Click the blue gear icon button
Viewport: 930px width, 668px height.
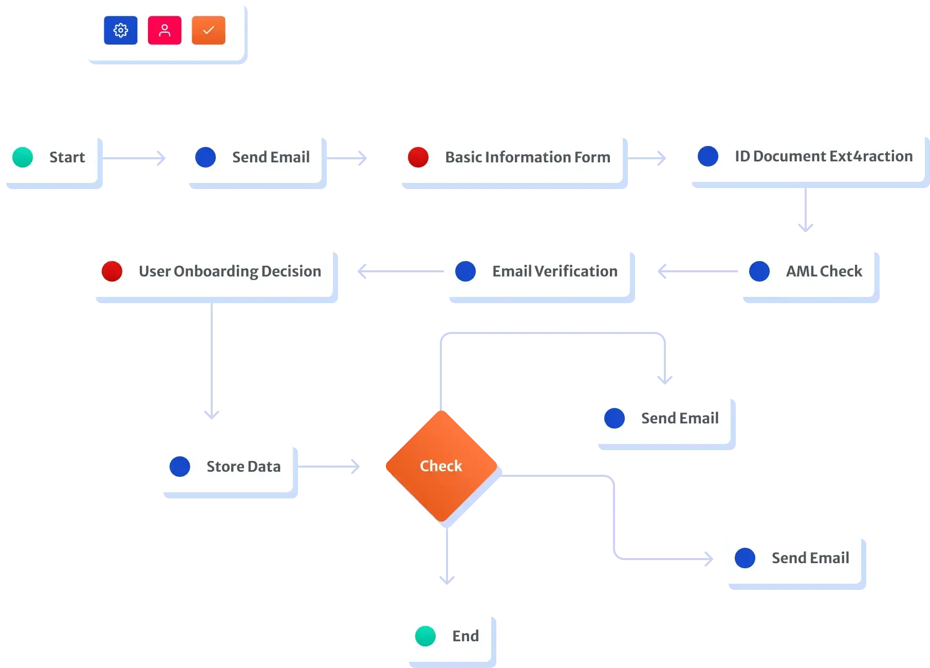pyautogui.click(x=121, y=30)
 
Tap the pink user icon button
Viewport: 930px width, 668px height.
pyautogui.click(x=164, y=30)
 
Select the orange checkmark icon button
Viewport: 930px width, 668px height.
pyautogui.click(x=209, y=30)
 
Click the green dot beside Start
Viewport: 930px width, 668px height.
pyautogui.click(x=23, y=157)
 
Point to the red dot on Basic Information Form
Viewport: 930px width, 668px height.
pyautogui.click(x=418, y=157)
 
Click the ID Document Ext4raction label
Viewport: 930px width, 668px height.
pyautogui.click(x=824, y=156)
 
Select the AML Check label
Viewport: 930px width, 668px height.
pyautogui.click(x=824, y=271)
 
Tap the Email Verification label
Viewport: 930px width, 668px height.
pyautogui.click(x=555, y=271)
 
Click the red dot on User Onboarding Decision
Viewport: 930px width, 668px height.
pyautogui.click(x=112, y=271)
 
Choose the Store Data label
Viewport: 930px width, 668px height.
pyautogui.click(x=244, y=467)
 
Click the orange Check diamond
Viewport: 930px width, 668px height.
pyautogui.click(x=441, y=466)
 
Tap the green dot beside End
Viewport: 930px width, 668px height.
pyautogui.click(x=425, y=636)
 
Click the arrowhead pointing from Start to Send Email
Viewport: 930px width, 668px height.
pyautogui.click(x=161, y=158)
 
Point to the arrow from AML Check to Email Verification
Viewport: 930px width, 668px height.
pyautogui.click(x=698, y=271)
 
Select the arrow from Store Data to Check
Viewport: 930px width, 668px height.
pyautogui.click(x=329, y=467)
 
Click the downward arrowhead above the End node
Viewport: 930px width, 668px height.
pyautogui.click(x=447, y=580)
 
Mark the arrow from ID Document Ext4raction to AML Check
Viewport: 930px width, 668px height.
pyautogui.click(x=806, y=210)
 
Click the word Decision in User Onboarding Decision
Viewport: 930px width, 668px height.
pyautogui.click(x=291, y=271)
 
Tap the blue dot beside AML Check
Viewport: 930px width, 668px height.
pyautogui.click(x=759, y=271)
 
